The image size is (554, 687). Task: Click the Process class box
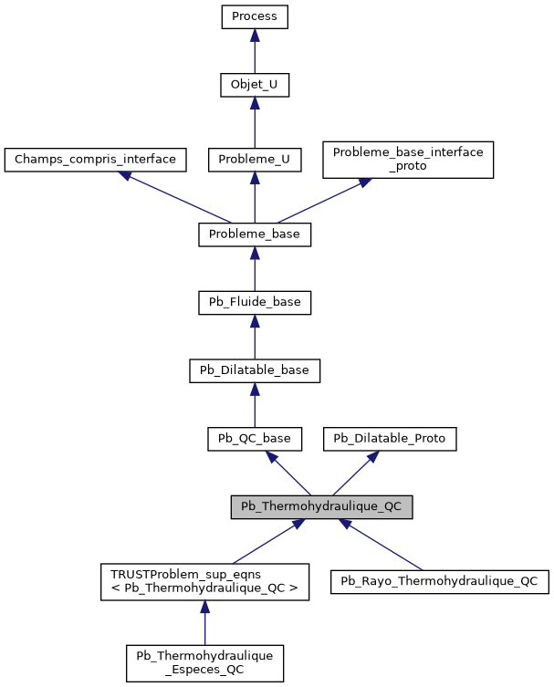[x=255, y=16]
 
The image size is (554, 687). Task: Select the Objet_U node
[x=255, y=85]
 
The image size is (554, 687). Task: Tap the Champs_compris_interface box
[x=96, y=160]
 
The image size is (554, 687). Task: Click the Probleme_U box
[x=255, y=160]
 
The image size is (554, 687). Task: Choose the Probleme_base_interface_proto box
[x=408, y=159]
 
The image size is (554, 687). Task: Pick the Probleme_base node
[x=255, y=234]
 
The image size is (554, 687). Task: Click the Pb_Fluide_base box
[x=255, y=302]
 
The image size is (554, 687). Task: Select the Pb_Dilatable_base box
[x=255, y=370]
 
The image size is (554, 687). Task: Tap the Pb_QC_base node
[x=255, y=439]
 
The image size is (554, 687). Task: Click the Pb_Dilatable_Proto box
[x=390, y=439]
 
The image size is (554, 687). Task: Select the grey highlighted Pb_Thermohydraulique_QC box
[x=321, y=507]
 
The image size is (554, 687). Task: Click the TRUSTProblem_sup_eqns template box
[x=204, y=581]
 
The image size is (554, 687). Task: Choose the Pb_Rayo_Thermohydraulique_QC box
[x=440, y=581]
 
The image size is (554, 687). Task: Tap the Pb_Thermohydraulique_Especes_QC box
[x=204, y=662]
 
